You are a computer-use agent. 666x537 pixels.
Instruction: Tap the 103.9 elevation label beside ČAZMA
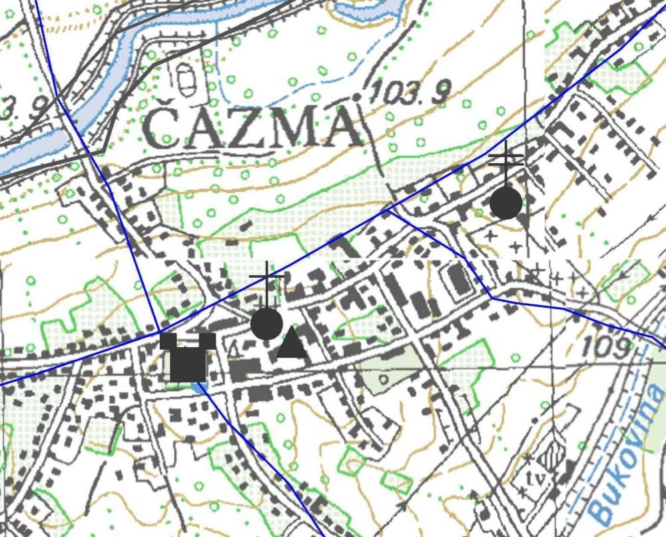[408, 91]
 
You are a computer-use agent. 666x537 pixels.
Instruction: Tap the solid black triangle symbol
[292, 344]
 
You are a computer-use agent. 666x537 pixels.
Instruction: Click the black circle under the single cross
[267, 324]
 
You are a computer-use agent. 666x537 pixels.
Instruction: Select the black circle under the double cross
[506, 203]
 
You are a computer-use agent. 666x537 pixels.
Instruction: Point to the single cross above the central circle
[267, 276]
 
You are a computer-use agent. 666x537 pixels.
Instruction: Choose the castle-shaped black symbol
[188, 356]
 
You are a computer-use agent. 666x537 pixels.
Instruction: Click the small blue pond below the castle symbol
[199, 386]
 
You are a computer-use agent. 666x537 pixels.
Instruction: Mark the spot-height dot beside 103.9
[357, 98]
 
